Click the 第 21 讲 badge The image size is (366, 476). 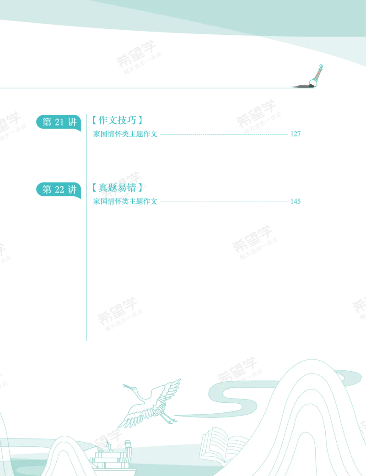59,122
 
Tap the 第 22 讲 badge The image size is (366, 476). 59,190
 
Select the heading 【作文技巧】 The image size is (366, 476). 118,120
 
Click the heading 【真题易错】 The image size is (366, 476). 118,188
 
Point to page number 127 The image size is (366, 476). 295,134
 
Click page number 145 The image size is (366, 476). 295,201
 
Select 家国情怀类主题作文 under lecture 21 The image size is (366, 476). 125,134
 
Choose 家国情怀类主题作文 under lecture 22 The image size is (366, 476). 125,201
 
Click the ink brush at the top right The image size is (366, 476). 316,76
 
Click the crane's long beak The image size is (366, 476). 128,386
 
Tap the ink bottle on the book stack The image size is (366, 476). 108,446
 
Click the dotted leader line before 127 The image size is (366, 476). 224,134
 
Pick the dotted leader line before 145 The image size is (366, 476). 224,201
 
